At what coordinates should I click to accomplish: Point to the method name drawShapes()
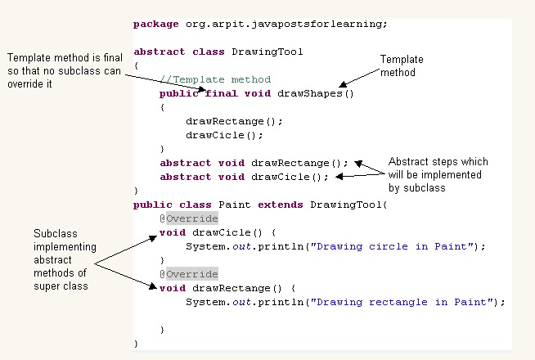coord(316,93)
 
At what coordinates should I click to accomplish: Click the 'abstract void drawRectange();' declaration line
coord(254,163)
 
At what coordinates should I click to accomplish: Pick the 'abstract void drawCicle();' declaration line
coord(244,177)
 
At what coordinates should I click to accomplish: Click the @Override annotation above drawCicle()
coord(189,218)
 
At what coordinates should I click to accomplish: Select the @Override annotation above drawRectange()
coord(189,274)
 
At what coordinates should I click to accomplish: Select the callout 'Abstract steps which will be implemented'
coord(434,174)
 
